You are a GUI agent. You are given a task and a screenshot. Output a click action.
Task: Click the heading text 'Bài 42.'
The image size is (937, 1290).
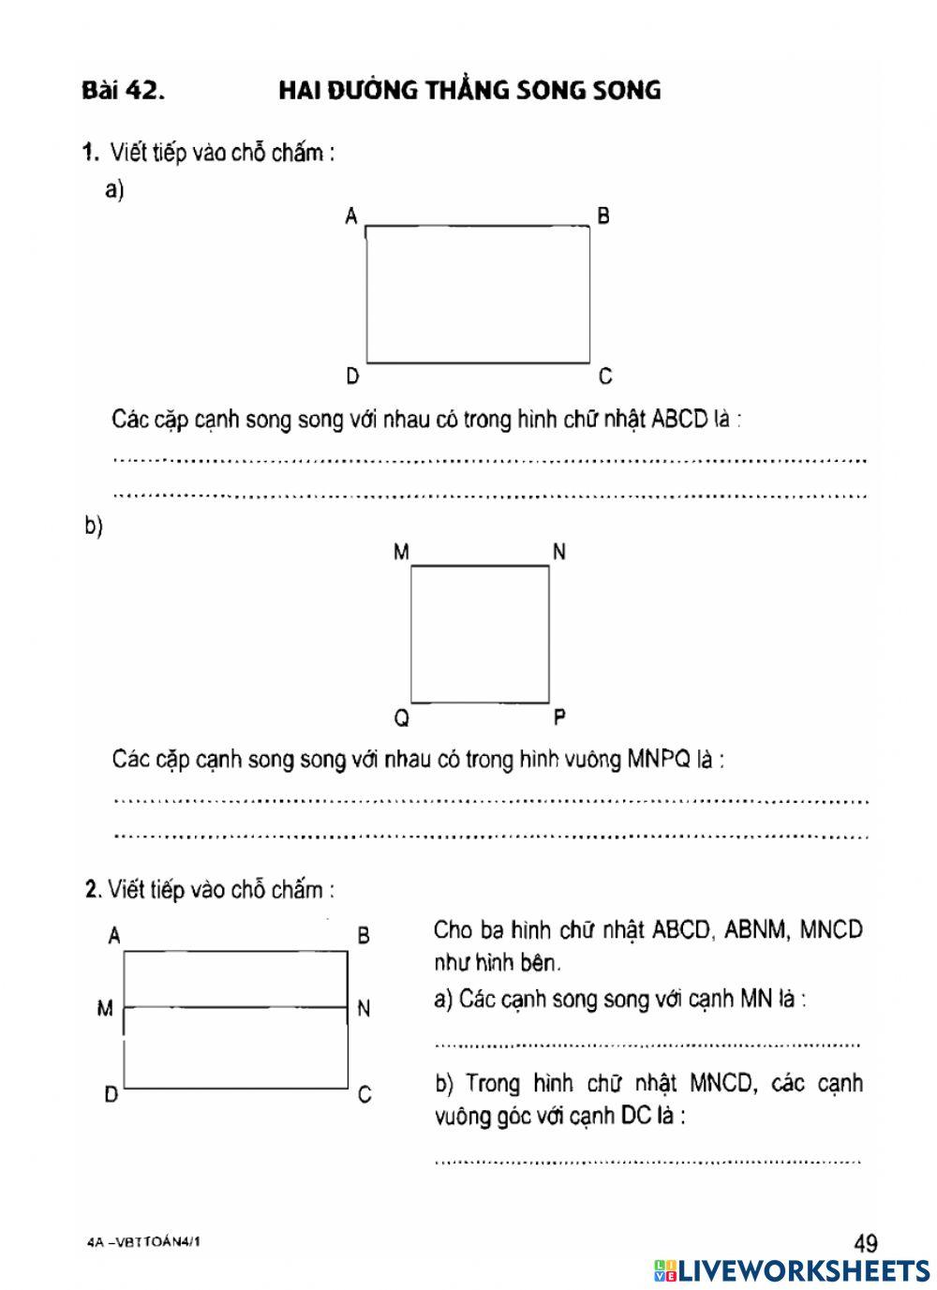pos(123,91)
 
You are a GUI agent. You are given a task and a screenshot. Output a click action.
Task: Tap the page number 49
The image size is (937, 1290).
pos(866,1243)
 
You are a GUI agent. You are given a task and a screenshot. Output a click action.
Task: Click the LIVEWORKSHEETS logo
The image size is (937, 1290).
pos(792,1270)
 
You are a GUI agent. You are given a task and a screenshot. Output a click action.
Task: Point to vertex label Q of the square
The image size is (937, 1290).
pos(401,718)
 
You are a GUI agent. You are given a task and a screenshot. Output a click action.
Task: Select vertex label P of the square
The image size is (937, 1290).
pos(559,718)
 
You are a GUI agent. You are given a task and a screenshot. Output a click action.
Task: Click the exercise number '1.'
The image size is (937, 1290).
pos(91,152)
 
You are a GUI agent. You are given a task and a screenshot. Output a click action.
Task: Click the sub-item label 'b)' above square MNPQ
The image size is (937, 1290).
pos(94,526)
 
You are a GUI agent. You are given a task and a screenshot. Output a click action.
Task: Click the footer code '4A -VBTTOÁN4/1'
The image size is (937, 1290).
pos(142,1242)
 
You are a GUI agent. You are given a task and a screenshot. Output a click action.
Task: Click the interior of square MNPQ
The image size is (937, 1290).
pos(480,634)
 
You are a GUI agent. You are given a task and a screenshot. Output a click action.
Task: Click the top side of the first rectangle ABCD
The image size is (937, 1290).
pos(478,227)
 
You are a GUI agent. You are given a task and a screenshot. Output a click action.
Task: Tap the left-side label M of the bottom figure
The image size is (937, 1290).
pos(105,1009)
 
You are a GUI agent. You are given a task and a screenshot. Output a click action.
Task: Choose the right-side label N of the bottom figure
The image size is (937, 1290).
pos(364,1009)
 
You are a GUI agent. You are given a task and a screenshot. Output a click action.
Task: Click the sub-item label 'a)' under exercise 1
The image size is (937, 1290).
pos(115,191)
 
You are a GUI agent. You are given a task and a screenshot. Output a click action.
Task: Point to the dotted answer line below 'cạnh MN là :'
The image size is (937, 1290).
pos(647,1044)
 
